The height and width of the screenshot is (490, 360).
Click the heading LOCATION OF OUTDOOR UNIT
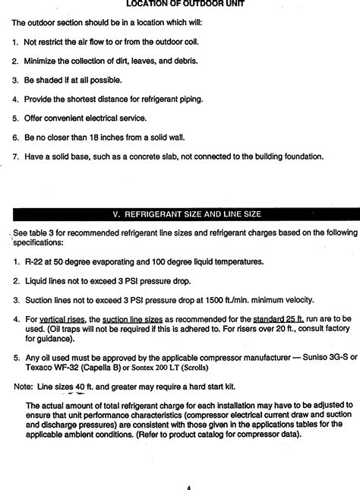coord(180,4)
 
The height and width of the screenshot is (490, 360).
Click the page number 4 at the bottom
coord(188,486)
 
